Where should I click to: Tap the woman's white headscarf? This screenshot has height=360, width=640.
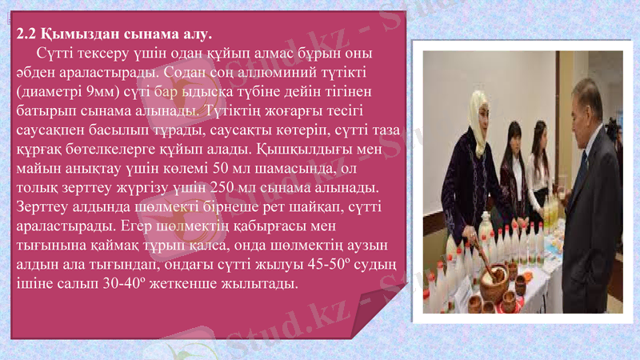tap(478, 112)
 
